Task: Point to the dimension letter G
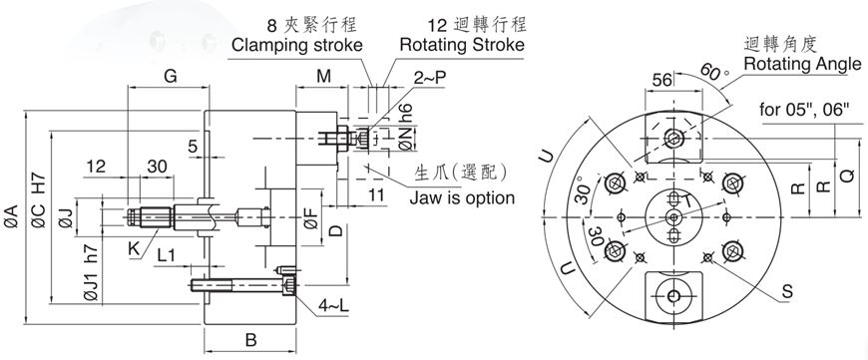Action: [x=170, y=76]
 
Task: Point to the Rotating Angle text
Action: [x=802, y=64]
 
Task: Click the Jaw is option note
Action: [x=462, y=197]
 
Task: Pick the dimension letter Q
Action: [x=847, y=176]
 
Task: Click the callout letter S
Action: [x=787, y=293]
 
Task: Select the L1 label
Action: [x=167, y=257]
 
